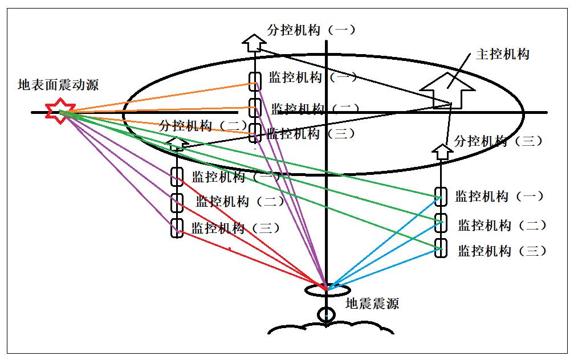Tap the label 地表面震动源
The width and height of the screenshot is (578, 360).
[58, 85]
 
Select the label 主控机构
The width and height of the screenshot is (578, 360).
[503, 54]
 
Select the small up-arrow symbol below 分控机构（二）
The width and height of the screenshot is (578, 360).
[177, 143]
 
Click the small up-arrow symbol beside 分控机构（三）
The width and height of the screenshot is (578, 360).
[441, 151]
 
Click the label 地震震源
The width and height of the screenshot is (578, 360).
[372, 304]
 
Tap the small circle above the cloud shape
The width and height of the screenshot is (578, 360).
[325, 315]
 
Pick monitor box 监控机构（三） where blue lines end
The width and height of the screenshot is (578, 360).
[440, 248]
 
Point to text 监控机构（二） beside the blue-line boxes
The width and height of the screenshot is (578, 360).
[502, 225]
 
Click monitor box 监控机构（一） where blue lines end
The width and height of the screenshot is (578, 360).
[440, 196]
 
